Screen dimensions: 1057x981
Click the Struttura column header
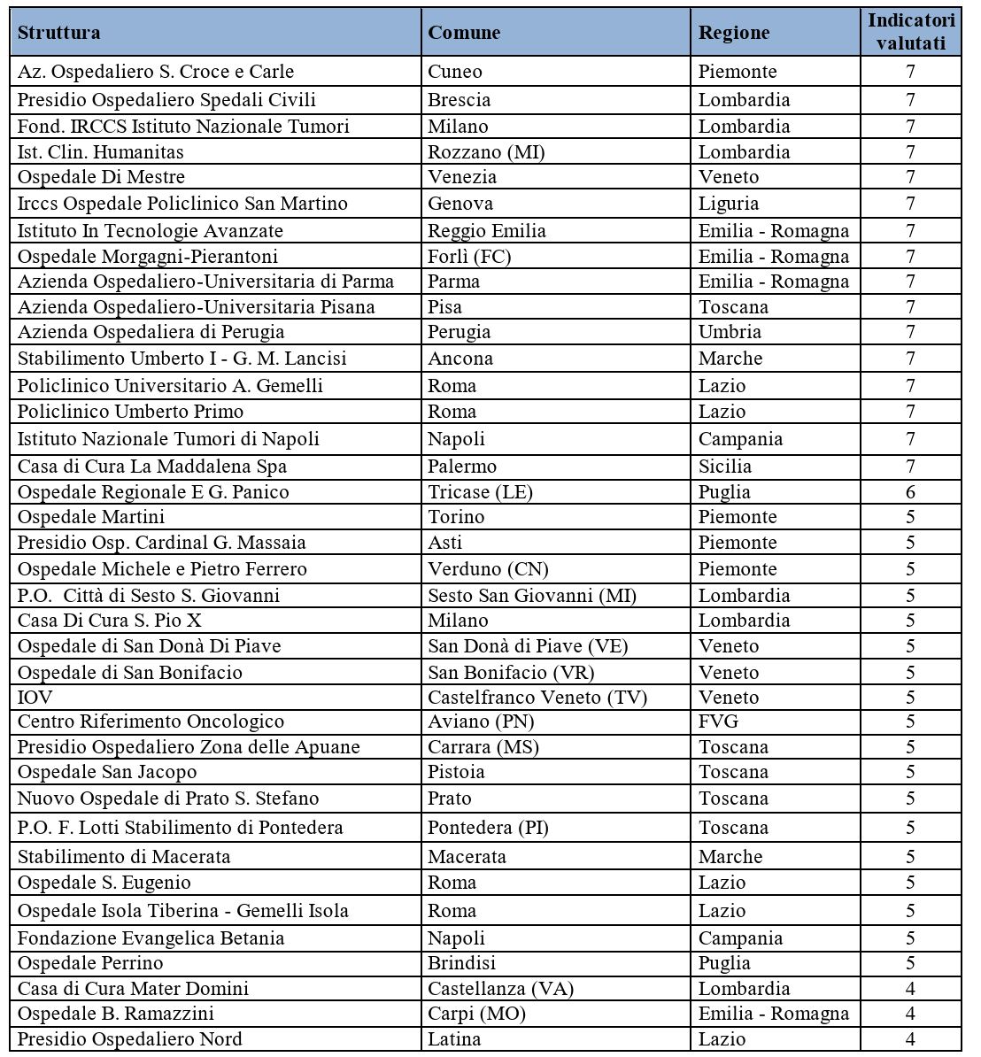click(x=58, y=33)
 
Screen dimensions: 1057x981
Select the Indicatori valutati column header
click(x=911, y=32)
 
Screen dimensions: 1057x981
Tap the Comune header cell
click(x=464, y=33)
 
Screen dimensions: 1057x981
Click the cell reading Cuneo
click(x=455, y=72)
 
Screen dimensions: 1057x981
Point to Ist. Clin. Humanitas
click(x=101, y=152)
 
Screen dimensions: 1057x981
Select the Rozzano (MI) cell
click(x=486, y=152)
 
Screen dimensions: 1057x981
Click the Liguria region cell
click(x=729, y=204)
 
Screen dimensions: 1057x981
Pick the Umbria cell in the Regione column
click(x=730, y=332)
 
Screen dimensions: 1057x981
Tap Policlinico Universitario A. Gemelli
click(x=170, y=386)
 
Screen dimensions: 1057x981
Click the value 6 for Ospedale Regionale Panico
click(x=910, y=492)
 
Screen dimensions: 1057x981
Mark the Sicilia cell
click(x=725, y=467)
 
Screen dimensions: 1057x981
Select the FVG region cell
click(x=718, y=721)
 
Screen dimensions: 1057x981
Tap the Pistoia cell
click(x=456, y=772)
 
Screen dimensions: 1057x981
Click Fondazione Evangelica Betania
click(x=151, y=938)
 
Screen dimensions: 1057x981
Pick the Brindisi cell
click(x=461, y=963)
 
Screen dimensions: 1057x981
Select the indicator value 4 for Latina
click(x=910, y=1039)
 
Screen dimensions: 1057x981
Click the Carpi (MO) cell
click(x=476, y=1014)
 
